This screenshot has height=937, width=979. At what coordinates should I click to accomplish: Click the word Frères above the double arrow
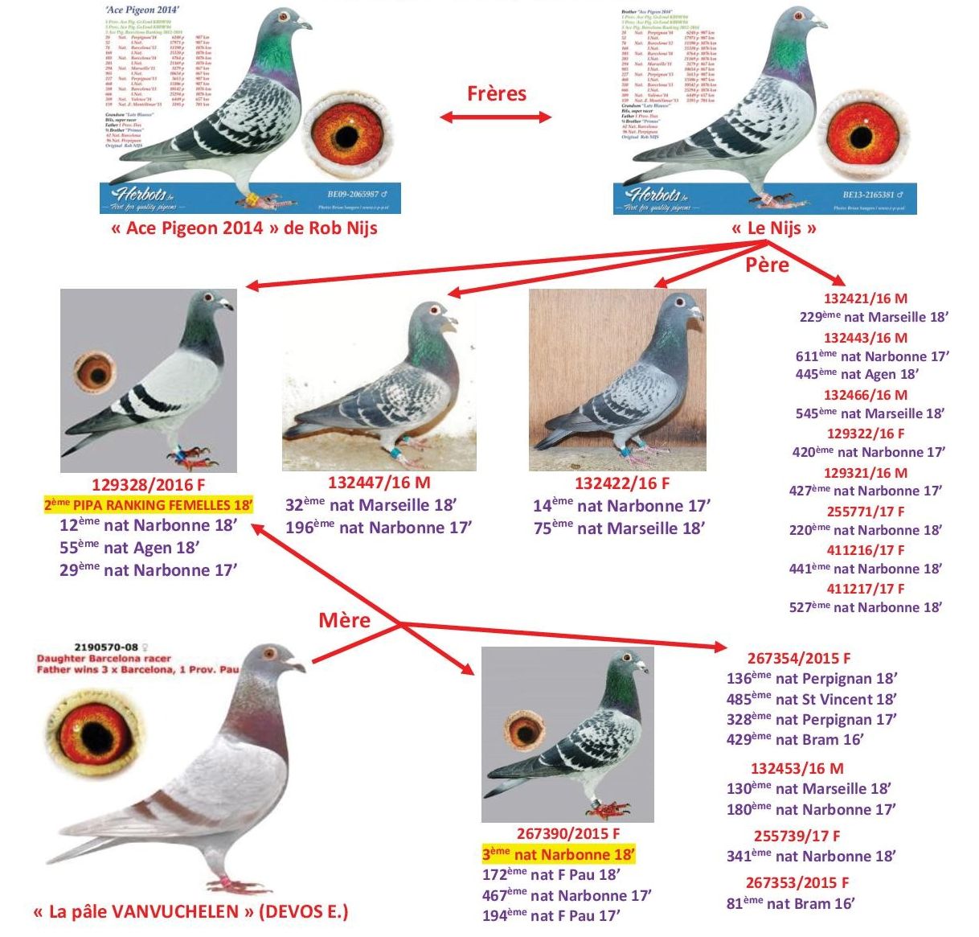[496, 93]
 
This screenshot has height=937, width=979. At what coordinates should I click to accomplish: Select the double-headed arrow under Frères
[496, 117]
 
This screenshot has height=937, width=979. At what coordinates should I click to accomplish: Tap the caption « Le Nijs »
[773, 228]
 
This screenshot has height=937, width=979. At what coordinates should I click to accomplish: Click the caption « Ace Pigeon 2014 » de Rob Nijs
[244, 228]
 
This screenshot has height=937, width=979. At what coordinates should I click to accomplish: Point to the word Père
[767, 265]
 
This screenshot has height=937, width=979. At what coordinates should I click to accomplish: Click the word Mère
[344, 620]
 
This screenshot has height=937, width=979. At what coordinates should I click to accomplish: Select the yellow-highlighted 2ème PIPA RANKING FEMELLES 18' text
[149, 505]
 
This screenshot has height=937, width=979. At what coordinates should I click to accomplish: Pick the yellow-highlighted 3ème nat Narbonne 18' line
[559, 854]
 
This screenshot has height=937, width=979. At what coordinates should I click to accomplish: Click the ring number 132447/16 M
[379, 483]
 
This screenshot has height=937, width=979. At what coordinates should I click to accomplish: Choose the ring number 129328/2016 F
[149, 484]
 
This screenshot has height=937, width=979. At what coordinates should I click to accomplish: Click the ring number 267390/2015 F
[568, 834]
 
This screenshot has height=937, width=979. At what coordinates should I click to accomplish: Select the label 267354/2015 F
[798, 658]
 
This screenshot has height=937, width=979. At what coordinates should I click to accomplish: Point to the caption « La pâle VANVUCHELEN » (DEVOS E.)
[190, 912]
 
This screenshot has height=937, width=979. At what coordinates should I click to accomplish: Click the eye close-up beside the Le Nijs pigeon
[860, 131]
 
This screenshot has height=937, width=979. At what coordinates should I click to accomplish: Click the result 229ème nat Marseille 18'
[874, 317]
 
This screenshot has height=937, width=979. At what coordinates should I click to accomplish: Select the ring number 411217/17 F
[866, 589]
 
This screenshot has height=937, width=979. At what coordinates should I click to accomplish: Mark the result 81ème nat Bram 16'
[790, 903]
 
